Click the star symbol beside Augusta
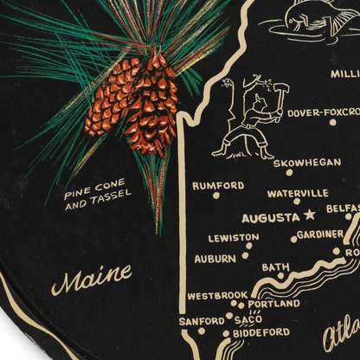click(310, 215)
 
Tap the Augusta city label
click(271, 217)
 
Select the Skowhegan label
click(301, 162)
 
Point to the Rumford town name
click(218, 185)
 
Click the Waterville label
click(297, 193)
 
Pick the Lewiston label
click(234, 237)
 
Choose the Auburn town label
click(215, 258)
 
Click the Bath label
click(276, 267)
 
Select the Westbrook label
click(217, 295)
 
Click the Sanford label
click(201, 321)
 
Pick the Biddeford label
click(261, 331)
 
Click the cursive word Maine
click(91, 280)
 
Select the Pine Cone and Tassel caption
click(97, 199)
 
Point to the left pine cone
click(112, 95)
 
